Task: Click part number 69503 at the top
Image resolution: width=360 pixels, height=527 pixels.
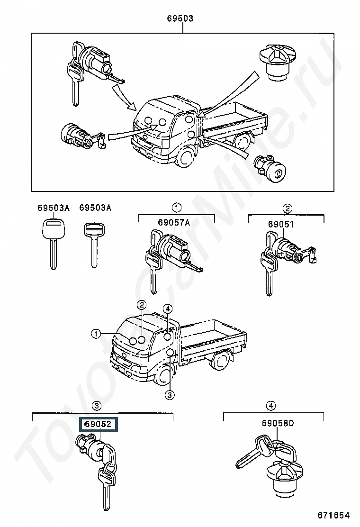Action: pos(180,18)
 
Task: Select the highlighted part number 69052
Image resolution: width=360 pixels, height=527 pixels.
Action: pos(98,424)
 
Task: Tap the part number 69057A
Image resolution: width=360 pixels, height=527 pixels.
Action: pos(174,222)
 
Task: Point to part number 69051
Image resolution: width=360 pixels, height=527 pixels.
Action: pos(281,224)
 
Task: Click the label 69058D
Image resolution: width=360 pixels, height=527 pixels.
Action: pos(278,423)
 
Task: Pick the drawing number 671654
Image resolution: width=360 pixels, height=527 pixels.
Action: pos(333,515)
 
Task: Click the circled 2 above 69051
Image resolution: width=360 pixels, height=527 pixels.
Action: pos(288,209)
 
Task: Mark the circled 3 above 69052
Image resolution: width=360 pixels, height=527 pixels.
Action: pos(96,406)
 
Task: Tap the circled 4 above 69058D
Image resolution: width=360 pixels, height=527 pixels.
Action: pos(271,406)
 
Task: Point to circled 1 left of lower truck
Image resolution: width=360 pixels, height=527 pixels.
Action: pos(96,334)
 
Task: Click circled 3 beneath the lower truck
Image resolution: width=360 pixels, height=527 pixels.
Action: pos(170,395)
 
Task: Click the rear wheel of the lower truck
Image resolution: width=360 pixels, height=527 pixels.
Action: pos(219,362)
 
